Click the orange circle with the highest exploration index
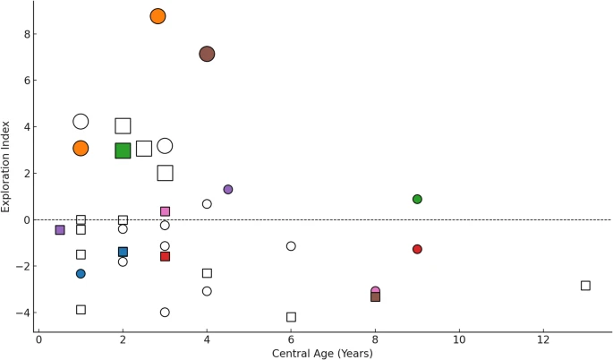tap(158, 16)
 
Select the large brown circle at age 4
tap(207, 54)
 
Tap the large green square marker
tap(123, 150)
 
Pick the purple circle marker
tap(228, 190)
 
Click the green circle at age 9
tap(417, 199)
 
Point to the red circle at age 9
tap(417, 249)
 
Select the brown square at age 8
tap(375, 296)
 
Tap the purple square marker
tap(60, 230)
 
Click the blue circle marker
tap(81, 274)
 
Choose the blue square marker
tap(123, 253)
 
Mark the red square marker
tap(165, 257)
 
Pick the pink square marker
tap(165, 211)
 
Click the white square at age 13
tap(585, 286)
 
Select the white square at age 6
tap(291, 317)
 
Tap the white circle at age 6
tap(291, 246)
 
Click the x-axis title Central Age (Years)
tap(322, 353)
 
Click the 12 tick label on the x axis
tap(543, 339)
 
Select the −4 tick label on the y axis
tap(24, 313)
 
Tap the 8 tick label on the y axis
tap(27, 34)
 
